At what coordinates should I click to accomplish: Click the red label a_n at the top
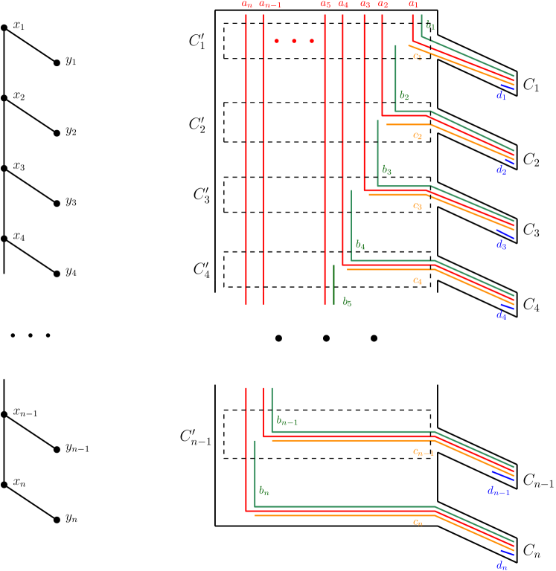click(247, 4)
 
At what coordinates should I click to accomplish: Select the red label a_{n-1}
click(270, 4)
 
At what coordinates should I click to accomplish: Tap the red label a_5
click(325, 4)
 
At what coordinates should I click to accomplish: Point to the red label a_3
click(365, 4)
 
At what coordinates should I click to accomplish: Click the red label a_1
click(413, 4)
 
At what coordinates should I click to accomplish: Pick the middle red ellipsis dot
click(294, 41)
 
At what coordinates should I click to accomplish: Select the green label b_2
click(404, 96)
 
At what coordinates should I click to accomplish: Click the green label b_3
click(386, 170)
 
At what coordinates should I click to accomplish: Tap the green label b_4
click(360, 245)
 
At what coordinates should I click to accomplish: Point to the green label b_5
click(347, 302)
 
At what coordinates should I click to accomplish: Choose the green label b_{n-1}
click(287, 421)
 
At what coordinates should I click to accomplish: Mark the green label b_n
click(263, 491)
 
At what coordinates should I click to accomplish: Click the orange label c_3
click(418, 206)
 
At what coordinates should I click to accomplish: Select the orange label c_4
click(418, 280)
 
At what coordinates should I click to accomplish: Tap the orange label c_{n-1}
click(423, 451)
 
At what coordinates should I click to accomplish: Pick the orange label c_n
click(418, 522)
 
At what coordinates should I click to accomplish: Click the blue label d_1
click(501, 96)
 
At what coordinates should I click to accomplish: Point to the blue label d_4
click(501, 315)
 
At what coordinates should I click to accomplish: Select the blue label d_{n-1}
click(498, 491)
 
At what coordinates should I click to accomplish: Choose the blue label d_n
click(502, 566)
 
